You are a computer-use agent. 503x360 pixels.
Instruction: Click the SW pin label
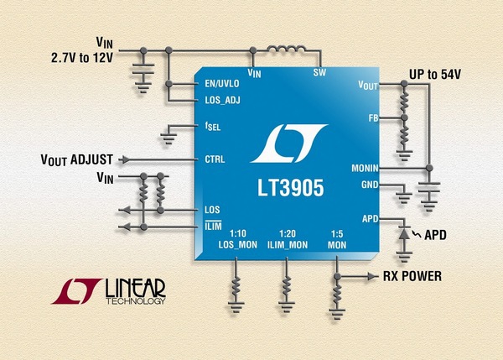319,73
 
